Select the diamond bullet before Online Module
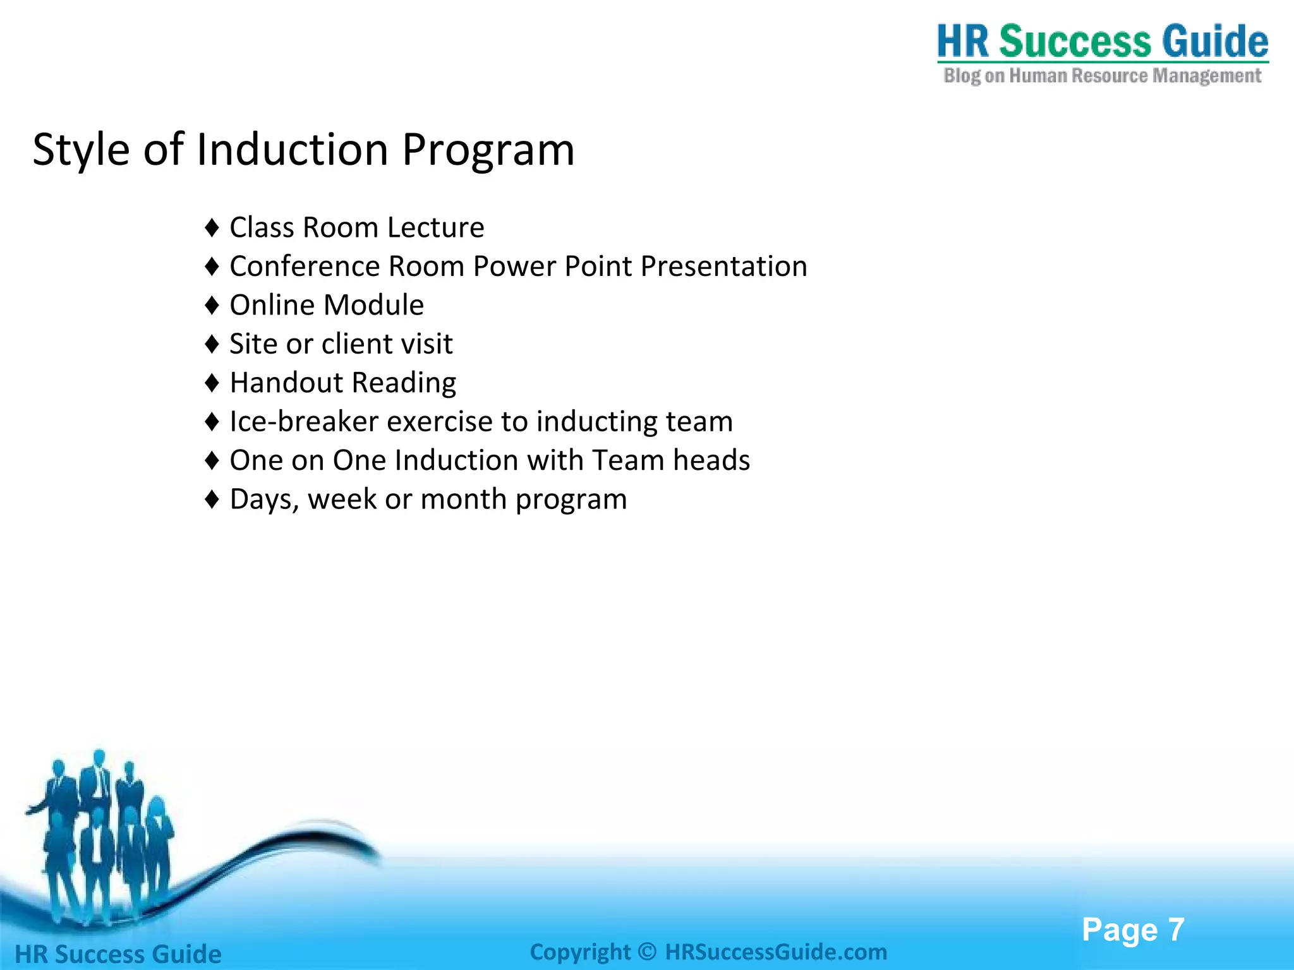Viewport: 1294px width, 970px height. pos(212,306)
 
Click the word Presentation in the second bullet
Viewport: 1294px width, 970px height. pos(723,266)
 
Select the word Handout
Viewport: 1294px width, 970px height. pos(286,383)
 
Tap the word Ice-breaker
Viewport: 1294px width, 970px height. pos(303,422)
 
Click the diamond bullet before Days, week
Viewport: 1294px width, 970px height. pos(212,500)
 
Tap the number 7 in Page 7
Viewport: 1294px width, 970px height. pos(1176,930)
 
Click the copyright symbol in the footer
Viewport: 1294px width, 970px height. pos(647,952)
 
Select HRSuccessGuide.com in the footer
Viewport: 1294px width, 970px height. pos(776,952)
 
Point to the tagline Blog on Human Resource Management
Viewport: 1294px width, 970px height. pos(1102,76)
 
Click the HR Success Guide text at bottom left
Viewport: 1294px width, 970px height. pos(118,954)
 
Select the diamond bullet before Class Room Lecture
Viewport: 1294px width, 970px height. pos(212,228)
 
